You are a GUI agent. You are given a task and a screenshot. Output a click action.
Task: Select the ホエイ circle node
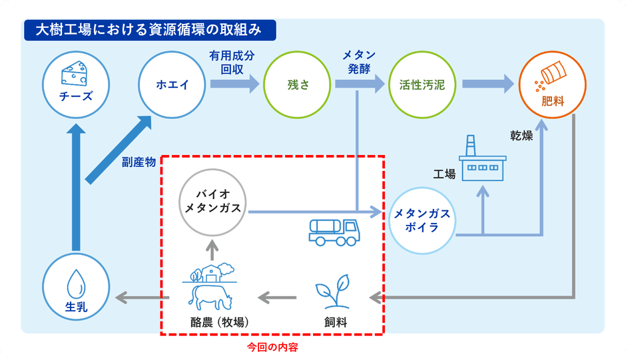coord(172,85)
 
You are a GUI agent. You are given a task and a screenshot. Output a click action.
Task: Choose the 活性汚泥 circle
coord(422,85)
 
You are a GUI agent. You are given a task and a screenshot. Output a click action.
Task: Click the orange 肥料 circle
coord(552,85)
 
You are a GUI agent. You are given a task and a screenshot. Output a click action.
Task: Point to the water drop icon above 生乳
coord(75,284)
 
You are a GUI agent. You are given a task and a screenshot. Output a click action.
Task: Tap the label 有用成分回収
coord(231,61)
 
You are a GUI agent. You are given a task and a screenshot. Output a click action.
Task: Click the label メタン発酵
coord(358,61)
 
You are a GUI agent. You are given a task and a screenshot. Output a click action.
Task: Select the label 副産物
coord(139,162)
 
